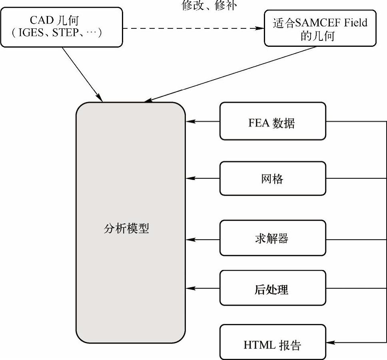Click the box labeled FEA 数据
click(273, 121)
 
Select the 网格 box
click(273, 178)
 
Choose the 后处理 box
click(273, 288)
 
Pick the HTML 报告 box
click(273, 342)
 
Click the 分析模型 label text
click(126, 229)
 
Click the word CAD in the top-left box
click(41, 20)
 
